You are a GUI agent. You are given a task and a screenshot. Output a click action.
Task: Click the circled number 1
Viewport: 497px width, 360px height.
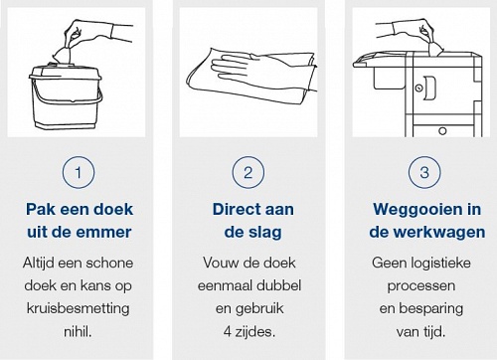pos(79,172)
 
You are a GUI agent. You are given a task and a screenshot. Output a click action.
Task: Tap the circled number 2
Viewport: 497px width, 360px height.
pos(248,172)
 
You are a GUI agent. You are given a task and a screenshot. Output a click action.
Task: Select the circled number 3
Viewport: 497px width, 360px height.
pos(424,172)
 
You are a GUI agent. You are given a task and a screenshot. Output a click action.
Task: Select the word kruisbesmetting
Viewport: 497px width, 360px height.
pos(78,308)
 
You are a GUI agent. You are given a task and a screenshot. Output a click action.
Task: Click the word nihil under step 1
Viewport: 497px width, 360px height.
pos(78,331)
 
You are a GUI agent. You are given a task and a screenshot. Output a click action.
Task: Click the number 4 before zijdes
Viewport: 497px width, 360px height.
pos(228,331)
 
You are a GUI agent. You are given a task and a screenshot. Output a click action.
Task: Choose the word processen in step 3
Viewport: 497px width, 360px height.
pos(421,285)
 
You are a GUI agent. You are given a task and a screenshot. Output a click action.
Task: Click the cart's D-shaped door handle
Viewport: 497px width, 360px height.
pos(429,88)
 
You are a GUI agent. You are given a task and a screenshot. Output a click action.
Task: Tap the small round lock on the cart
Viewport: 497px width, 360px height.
pos(418,89)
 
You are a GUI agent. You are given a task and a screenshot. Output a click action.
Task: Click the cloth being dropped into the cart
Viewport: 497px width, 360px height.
pos(433,48)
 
